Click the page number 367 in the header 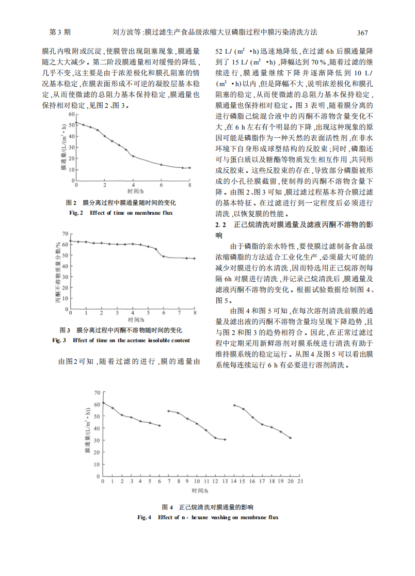coord(362,33)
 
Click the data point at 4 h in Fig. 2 coord(133,156)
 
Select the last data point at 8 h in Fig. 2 coord(189,168)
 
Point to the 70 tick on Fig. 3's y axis coord(66,234)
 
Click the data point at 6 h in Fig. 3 coord(164,256)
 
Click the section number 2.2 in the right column coord(220,225)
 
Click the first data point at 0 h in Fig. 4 coord(103,403)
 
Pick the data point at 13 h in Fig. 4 coord(225,440)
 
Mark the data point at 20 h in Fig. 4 coord(291,438)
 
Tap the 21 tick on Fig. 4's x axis coord(300,481)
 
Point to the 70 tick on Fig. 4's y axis coord(98,393)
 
